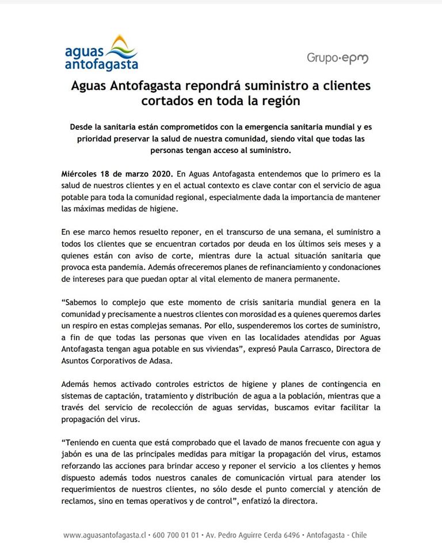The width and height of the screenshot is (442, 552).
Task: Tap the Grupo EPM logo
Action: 337,58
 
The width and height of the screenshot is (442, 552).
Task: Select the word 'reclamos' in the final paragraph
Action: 78,501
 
